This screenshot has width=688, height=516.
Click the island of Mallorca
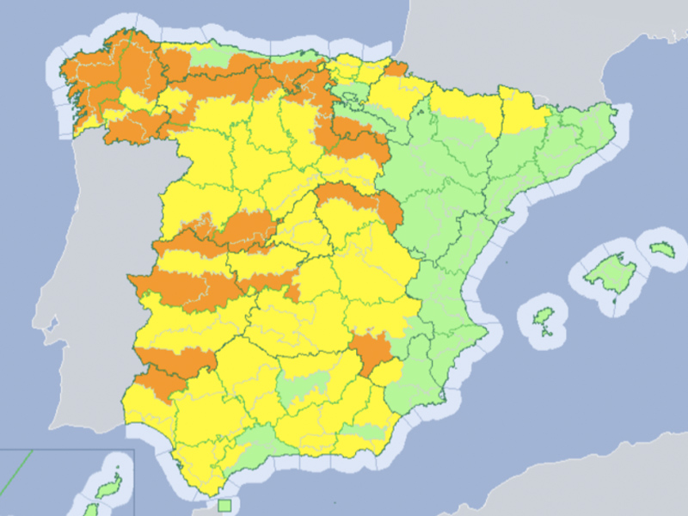(611, 273)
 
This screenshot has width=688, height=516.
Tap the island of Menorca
(661, 249)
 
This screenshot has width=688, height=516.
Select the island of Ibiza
(541, 318)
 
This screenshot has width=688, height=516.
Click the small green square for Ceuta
(224, 506)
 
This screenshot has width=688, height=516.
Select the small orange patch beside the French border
(396, 68)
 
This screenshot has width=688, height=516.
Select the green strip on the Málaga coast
(258, 447)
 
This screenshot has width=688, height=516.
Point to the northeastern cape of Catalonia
(612, 107)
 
